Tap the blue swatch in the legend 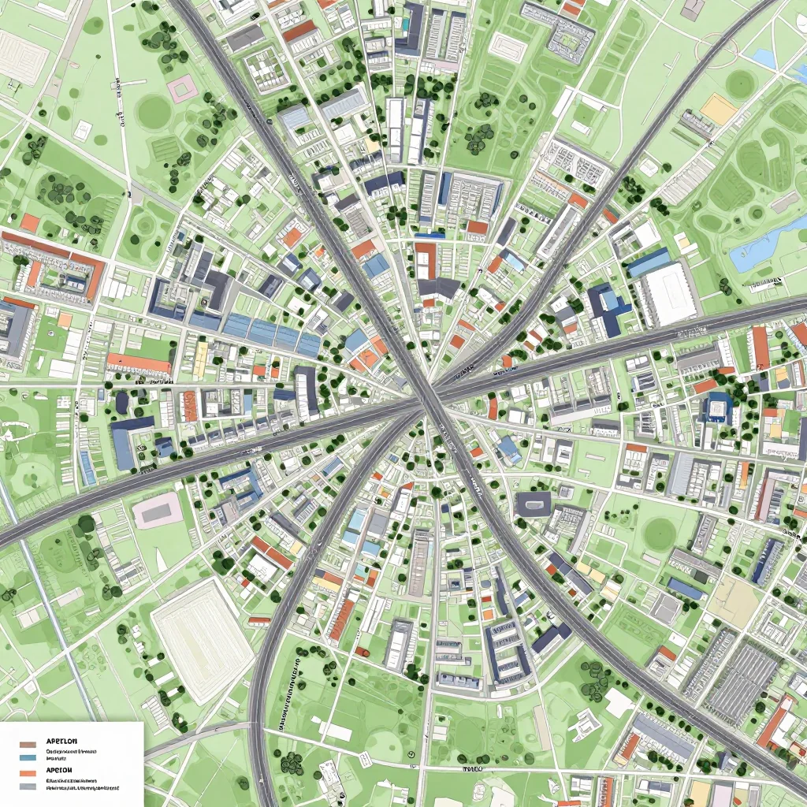[28, 757]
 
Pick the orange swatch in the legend [28, 773]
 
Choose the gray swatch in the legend [28, 786]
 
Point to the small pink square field [180, 89]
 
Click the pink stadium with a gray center [158, 511]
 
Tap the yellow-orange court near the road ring [718, 110]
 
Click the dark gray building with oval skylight [533, 504]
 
